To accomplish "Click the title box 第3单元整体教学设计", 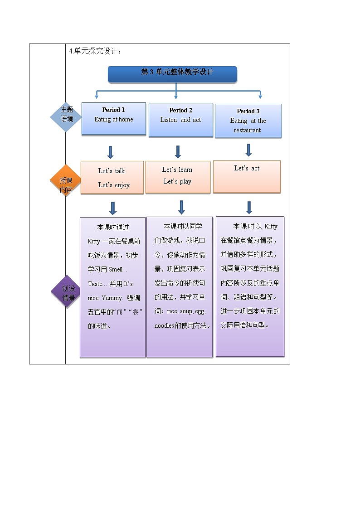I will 172,73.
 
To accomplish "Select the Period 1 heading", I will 113,110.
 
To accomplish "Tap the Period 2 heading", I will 180,110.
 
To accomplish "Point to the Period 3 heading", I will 248,111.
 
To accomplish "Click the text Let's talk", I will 112,171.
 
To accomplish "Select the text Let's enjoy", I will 114,185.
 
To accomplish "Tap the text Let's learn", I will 177,170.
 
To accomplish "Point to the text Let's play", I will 177,181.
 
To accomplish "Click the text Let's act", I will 247,168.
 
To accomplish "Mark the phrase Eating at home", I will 113,120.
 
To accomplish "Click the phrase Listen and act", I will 180,120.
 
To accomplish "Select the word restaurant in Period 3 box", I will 247,131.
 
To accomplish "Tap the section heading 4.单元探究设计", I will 95,51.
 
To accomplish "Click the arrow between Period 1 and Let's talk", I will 110,152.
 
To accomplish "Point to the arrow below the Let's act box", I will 249,207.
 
